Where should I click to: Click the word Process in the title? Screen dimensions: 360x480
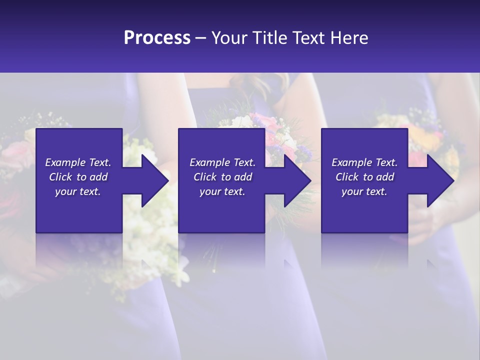[x=157, y=38]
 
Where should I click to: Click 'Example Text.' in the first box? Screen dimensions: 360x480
[x=78, y=162]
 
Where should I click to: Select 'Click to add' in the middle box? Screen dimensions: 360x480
[x=222, y=177]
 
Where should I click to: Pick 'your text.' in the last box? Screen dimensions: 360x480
[x=364, y=191]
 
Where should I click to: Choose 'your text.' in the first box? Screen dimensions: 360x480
[x=78, y=191]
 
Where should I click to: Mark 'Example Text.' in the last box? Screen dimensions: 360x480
[x=364, y=162]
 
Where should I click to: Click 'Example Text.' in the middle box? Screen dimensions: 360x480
[x=222, y=162]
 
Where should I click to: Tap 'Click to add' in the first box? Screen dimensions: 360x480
[x=78, y=177]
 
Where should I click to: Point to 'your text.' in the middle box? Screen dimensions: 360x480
[x=222, y=191]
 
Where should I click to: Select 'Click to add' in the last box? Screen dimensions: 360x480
[x=364, y=177]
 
